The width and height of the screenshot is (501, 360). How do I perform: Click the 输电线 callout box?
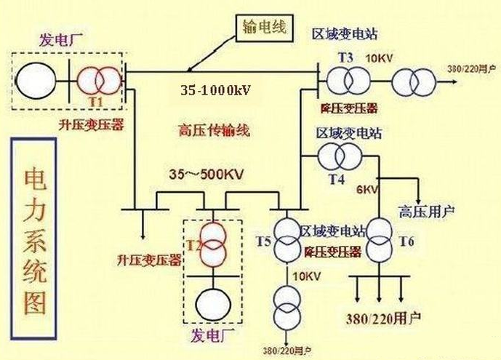pos(265,28)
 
